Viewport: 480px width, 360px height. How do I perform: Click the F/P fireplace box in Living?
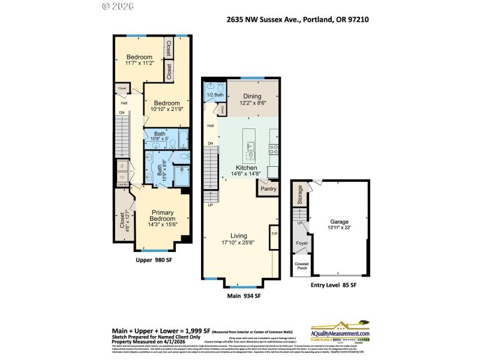click(x=274, y=233)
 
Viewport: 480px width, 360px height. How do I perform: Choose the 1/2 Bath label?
click(x=215, y=95)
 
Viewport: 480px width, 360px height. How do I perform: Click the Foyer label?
click(x=302, y=244)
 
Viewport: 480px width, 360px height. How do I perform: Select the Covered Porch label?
click(x=302, y=265)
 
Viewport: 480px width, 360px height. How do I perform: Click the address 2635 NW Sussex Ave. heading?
click(x=298, y=19)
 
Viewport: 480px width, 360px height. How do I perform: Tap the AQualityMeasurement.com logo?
click(x=340, y=332)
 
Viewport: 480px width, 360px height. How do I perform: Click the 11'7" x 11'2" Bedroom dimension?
click(x=139, y=62)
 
